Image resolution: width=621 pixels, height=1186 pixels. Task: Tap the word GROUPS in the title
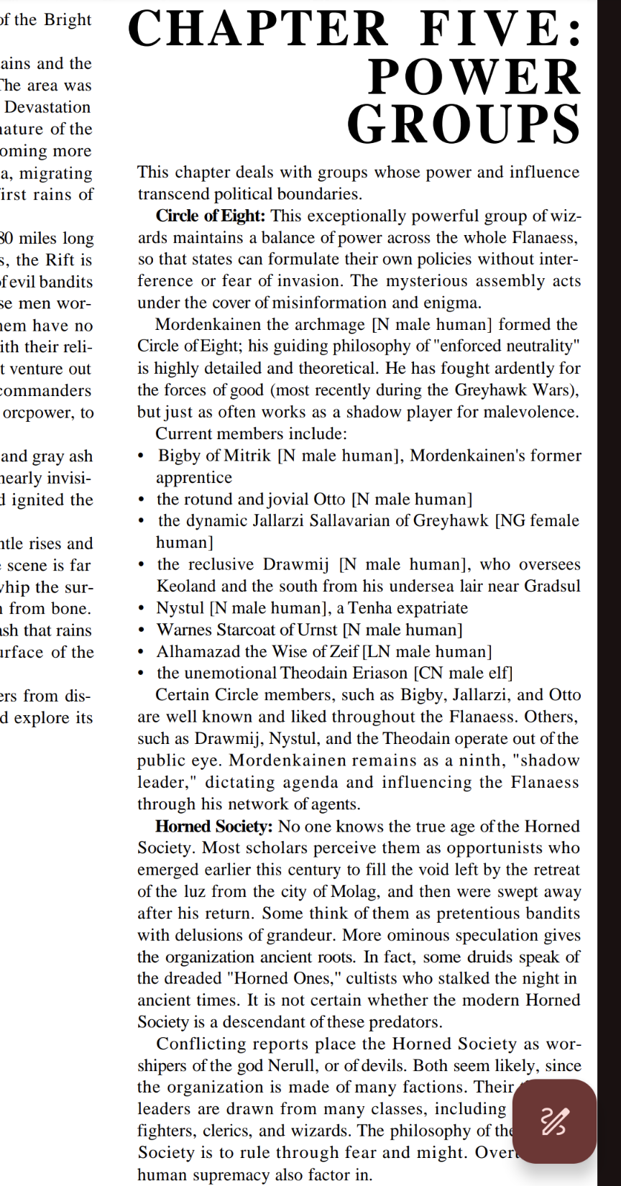(464, 124)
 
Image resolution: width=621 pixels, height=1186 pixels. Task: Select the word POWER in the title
(474, 77)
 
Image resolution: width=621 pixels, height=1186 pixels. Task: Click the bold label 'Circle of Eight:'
(211, 216)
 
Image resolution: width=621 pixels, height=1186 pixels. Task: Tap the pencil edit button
(554, 1121)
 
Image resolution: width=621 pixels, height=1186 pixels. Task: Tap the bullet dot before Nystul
(141, 609)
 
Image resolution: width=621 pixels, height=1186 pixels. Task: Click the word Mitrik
(248, 456)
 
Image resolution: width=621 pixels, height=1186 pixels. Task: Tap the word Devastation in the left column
(47, 107)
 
